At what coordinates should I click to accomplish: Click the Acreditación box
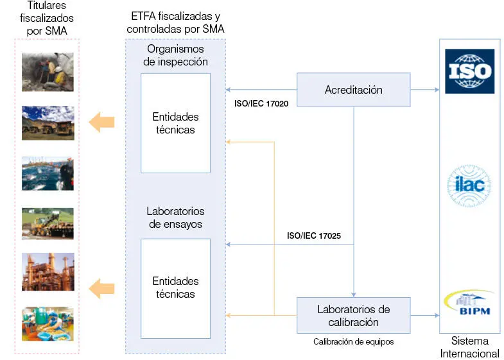353,90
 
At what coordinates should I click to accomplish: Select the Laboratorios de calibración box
353,315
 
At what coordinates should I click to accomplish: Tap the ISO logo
469,72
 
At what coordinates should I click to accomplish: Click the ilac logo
469,187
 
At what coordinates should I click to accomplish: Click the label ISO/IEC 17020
260,103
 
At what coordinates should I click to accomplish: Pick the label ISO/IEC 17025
313,236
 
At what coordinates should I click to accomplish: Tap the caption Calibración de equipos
353,342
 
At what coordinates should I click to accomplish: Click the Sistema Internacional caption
469,347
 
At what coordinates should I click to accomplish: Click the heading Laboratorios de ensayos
175,217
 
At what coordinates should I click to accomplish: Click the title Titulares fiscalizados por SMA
47,19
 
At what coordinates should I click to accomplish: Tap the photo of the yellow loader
48,223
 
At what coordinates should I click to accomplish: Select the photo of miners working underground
48,72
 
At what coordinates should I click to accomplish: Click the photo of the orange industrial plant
48,271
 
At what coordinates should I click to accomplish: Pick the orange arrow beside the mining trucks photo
101,121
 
